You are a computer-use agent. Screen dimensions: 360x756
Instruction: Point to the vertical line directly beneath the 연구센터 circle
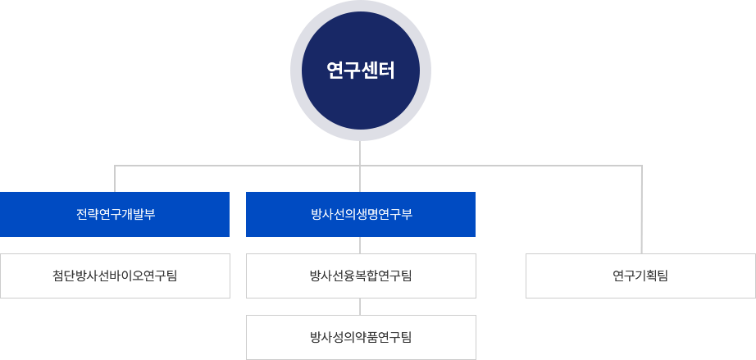point(361,151)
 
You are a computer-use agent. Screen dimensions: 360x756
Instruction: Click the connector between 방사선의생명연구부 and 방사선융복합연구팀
point(361,245)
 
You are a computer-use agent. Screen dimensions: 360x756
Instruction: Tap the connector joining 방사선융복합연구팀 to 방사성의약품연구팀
point(361,306)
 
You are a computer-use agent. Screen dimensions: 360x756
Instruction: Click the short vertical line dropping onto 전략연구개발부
point(115,179)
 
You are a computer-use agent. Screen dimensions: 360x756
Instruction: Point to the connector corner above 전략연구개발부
point(115,166)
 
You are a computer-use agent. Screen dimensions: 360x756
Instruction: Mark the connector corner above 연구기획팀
point(641,166)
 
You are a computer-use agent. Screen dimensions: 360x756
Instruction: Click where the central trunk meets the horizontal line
point(361,166)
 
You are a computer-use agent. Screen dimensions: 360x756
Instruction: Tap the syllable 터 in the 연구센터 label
point(387,71)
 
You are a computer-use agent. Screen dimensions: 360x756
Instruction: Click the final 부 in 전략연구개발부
point(150,215)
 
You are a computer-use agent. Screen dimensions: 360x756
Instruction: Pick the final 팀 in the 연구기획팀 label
point(663,276)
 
